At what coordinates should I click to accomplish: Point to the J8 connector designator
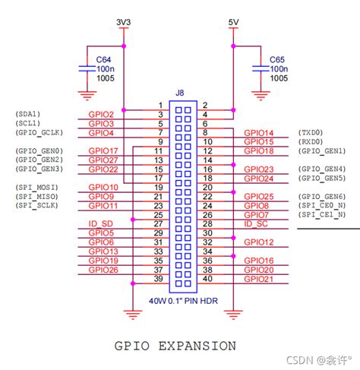(179, 93)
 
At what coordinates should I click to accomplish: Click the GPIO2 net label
(101, 114)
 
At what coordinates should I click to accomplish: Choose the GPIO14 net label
(258, 132)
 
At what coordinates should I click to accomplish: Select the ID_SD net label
(101, 223)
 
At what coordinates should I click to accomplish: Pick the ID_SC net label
(256, 223)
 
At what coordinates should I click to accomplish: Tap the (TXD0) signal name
(311, 132)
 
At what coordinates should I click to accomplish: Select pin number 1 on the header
(160, 105)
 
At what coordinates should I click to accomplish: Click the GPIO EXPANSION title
(175, 346)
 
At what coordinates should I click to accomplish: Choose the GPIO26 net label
(103, 269)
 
